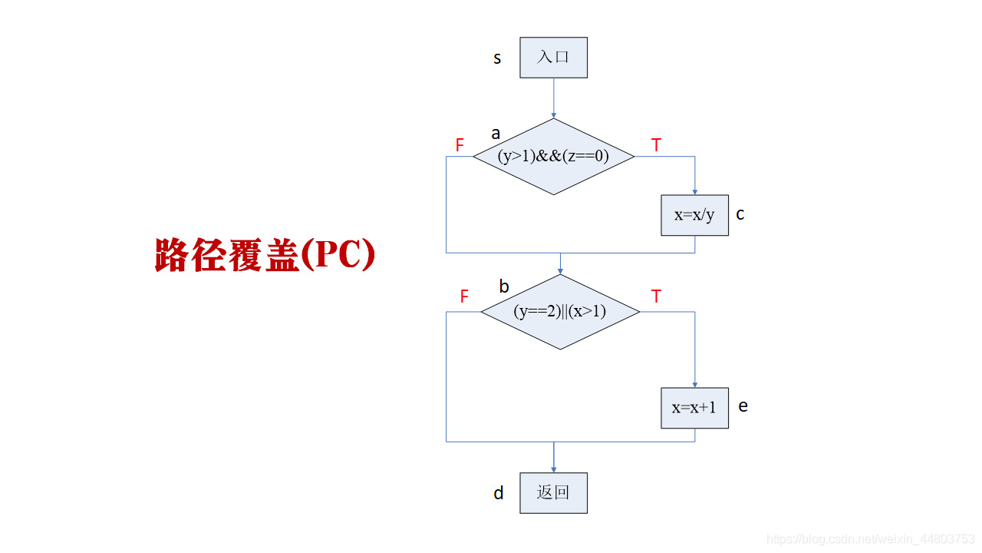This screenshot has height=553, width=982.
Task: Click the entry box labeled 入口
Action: (x=553, y=58)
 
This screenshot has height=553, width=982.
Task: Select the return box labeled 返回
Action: (x=553, y=493)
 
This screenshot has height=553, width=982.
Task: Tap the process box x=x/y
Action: (x=694, y=215)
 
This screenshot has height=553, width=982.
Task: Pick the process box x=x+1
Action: (x=694, y=408)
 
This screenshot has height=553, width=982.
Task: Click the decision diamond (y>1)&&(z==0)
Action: (x=553, y=157)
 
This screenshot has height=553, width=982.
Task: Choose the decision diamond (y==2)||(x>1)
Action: (x=559, y=312)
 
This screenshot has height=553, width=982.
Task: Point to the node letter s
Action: (x=497, y=58)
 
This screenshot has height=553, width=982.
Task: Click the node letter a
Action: (x=496, y=134)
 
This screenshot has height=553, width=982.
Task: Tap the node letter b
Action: (x=504, y=286)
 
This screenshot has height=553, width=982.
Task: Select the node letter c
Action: (x=740, y=214)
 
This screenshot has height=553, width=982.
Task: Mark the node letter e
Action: (x=743, y=406)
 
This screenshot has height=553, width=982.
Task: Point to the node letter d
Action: (x=499, y=493)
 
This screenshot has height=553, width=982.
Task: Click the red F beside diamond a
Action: (x=460, y=145)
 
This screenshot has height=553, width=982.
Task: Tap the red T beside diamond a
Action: (x=656, y=145)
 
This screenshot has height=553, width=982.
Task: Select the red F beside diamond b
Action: (x=463, y=297)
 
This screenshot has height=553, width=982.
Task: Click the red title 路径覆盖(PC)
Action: (x=265, y=255)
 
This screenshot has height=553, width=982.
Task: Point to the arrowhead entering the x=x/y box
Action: (x=695, y=192)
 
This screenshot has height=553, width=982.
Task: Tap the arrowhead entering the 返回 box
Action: (x=553, y=469)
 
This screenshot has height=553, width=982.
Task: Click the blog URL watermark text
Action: (x=871, y=539)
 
